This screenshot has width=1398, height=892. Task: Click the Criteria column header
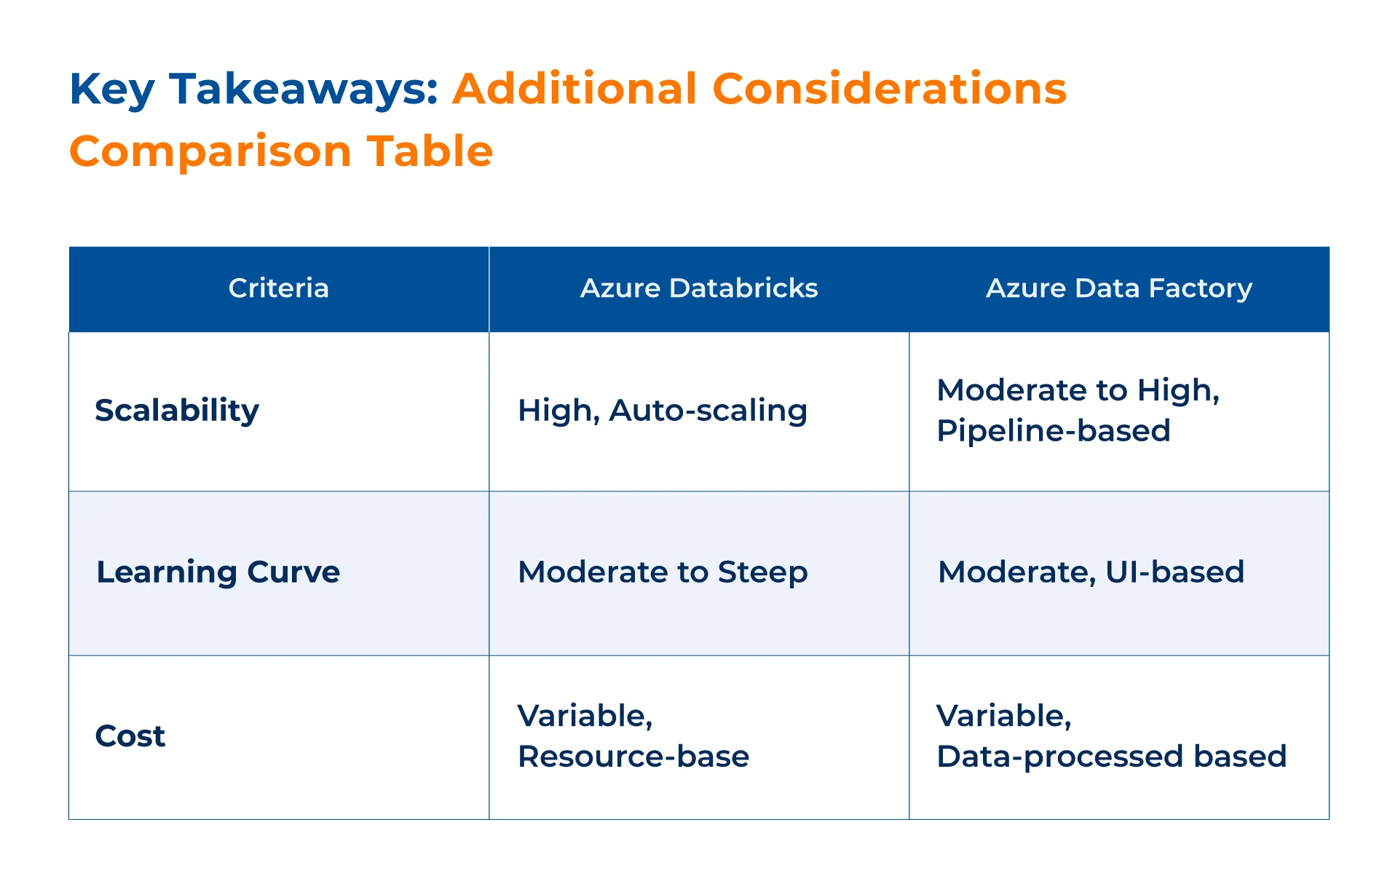pos(279,288)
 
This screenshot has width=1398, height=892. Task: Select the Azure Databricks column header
pos(699,288)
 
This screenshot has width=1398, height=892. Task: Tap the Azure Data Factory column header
pos(1119,289)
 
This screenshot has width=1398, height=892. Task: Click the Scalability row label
pos(177,411)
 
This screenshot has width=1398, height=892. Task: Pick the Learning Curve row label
pos(218,572)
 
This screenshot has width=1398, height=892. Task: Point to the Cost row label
pos(130,736)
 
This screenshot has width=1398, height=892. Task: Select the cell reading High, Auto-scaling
pos(663,411)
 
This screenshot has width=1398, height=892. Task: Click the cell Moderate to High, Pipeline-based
pos(1078,411)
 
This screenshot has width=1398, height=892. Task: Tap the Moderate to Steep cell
pos(663,572)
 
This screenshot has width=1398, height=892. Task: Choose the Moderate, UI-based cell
pos(1091,572)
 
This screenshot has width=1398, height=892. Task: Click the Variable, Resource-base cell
pos(633,736)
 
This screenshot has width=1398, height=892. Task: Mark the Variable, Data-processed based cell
pos(1112,736)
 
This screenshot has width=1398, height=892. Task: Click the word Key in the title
pos(111,90)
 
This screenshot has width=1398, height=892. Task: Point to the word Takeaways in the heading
pos(304,90)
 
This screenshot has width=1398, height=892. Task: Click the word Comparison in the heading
pos(210,152)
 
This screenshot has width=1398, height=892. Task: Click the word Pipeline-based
pos(1054,431)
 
